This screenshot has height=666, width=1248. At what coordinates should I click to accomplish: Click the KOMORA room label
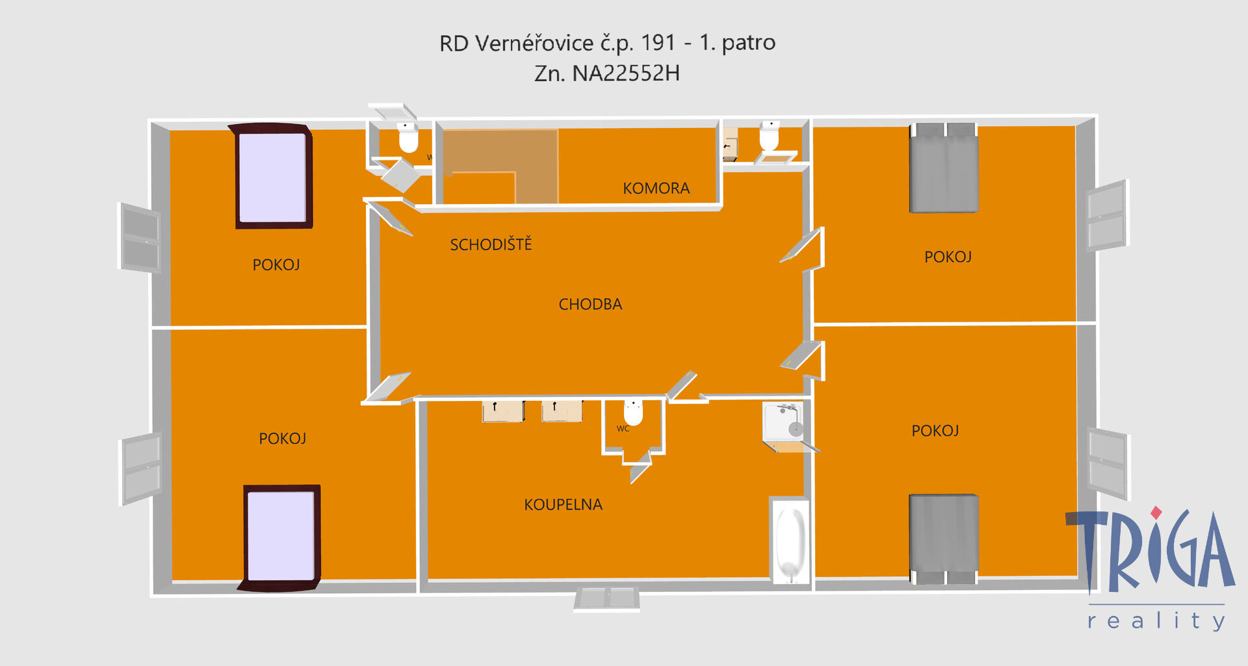pos(656,188)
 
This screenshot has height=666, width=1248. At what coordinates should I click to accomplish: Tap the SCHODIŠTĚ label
pos(491,244)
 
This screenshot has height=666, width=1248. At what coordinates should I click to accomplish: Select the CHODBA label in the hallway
pos(590,304)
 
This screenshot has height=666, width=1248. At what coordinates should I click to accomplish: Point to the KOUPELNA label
pos(563,504)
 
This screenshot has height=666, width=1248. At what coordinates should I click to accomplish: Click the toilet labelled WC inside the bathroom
pos(633,412)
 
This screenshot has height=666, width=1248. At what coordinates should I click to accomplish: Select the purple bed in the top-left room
pos(273,176)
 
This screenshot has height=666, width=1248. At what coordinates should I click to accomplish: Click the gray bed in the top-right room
pos(944,168)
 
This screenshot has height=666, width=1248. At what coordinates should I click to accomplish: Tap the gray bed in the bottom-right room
pos(944,539)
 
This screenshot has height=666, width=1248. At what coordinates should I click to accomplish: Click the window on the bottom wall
pos(606,598)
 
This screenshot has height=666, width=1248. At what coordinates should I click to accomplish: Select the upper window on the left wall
pos(140,238)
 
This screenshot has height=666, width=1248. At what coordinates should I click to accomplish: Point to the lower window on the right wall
pos(1108,463)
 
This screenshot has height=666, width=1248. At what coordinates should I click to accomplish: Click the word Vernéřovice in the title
pos(534,43)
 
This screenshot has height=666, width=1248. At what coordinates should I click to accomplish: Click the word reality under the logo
pos(1156,621)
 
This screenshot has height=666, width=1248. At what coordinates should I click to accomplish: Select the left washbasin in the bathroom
pos(503,411)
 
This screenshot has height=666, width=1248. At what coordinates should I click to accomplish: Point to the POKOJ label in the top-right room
pos(948,257)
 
